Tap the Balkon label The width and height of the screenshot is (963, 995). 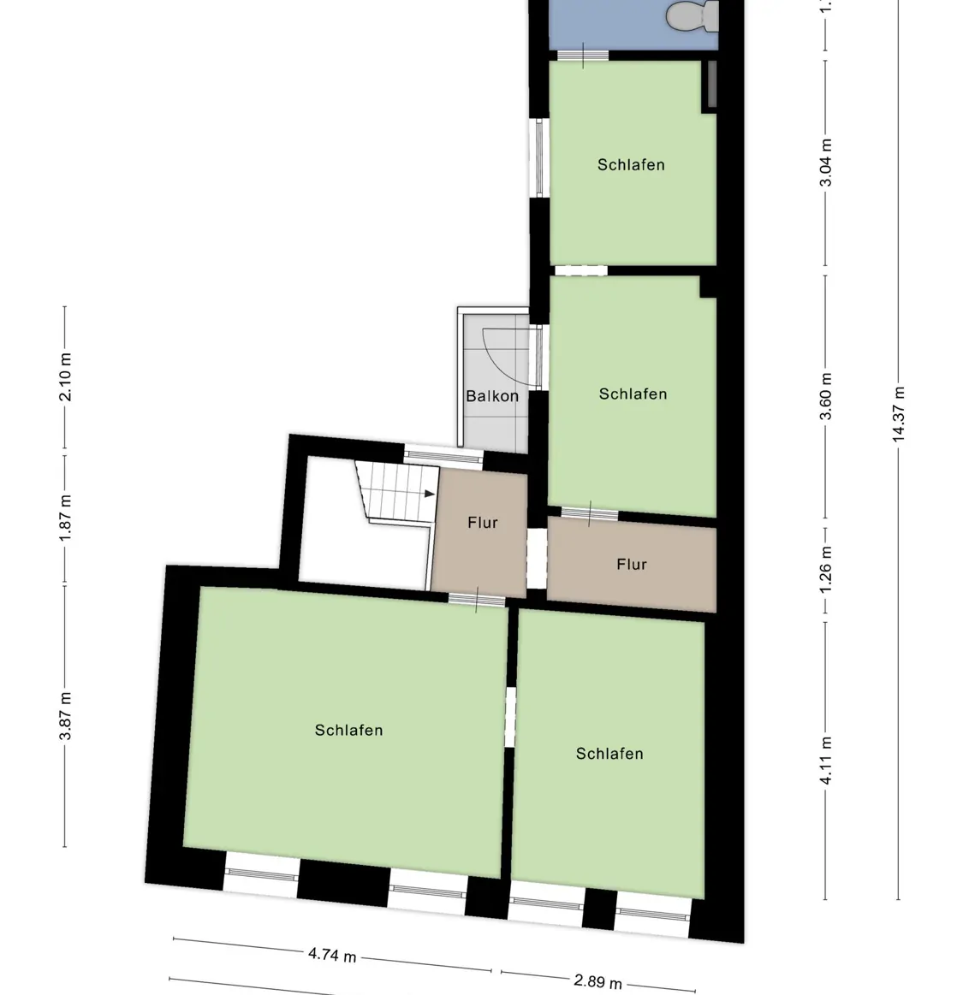tap(492, 396)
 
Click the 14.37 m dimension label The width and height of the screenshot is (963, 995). tap(899, 414)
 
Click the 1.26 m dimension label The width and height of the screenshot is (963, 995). tap(825, 566)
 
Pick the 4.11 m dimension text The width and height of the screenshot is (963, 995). tap(825, 761)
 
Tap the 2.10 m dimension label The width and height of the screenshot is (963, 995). tap(66, 377)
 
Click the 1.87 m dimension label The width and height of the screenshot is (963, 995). tap(66, 518)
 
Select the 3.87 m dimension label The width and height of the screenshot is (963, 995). tap(66, 716)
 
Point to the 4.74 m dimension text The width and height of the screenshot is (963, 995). tap(331, 955)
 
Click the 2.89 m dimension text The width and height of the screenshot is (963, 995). tap(597, 980)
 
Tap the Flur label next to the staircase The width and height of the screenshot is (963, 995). tap(482, 523)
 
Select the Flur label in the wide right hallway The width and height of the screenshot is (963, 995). tap(631, 565)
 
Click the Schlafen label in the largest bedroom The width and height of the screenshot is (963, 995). tap(348, 731)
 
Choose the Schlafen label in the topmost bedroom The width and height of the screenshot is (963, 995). tap(631, 165)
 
